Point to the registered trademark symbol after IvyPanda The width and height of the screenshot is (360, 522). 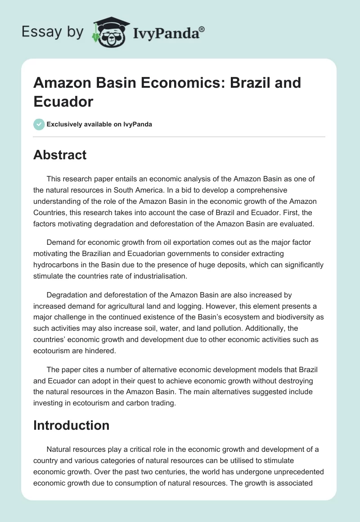click(202, 28)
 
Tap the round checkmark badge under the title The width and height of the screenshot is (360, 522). click(39, 124)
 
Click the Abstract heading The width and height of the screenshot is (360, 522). click(60, 155)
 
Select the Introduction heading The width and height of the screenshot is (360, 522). click(71, 425)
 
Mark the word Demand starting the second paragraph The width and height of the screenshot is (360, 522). click(60, 243)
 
